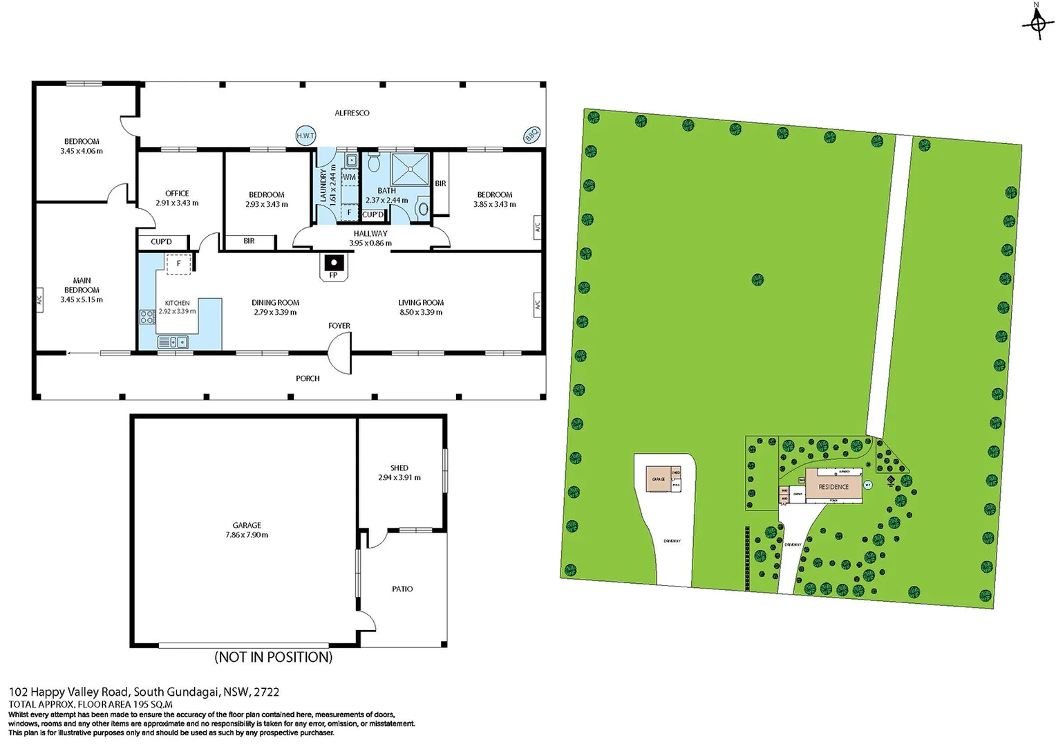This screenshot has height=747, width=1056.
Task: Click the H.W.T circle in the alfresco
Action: (305, 136)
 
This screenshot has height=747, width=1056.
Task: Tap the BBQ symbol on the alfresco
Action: (531, 134)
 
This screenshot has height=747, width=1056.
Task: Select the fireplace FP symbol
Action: (334, 264)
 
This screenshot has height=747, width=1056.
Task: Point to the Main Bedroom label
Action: (82, 285)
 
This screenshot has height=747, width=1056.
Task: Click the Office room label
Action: (177, 194)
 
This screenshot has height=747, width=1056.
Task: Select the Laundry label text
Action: (323, 185)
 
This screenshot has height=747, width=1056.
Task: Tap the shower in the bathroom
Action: (410, 169)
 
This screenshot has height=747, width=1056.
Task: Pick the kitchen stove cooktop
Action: (147, 317)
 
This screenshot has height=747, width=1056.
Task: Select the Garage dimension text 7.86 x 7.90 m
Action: (247, 535)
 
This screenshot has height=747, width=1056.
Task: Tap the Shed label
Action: (399, 468)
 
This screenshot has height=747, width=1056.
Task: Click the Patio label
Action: (402, 589)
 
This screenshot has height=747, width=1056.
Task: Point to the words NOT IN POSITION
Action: (274, 657)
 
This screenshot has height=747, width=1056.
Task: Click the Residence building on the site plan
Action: (833, 487)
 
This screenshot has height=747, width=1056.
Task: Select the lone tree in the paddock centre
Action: (757, 279)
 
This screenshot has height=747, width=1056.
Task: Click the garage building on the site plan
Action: (659, 479)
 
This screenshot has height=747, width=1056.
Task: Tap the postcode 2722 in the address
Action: (267, 692)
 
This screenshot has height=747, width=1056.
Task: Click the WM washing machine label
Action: (349, 177)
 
